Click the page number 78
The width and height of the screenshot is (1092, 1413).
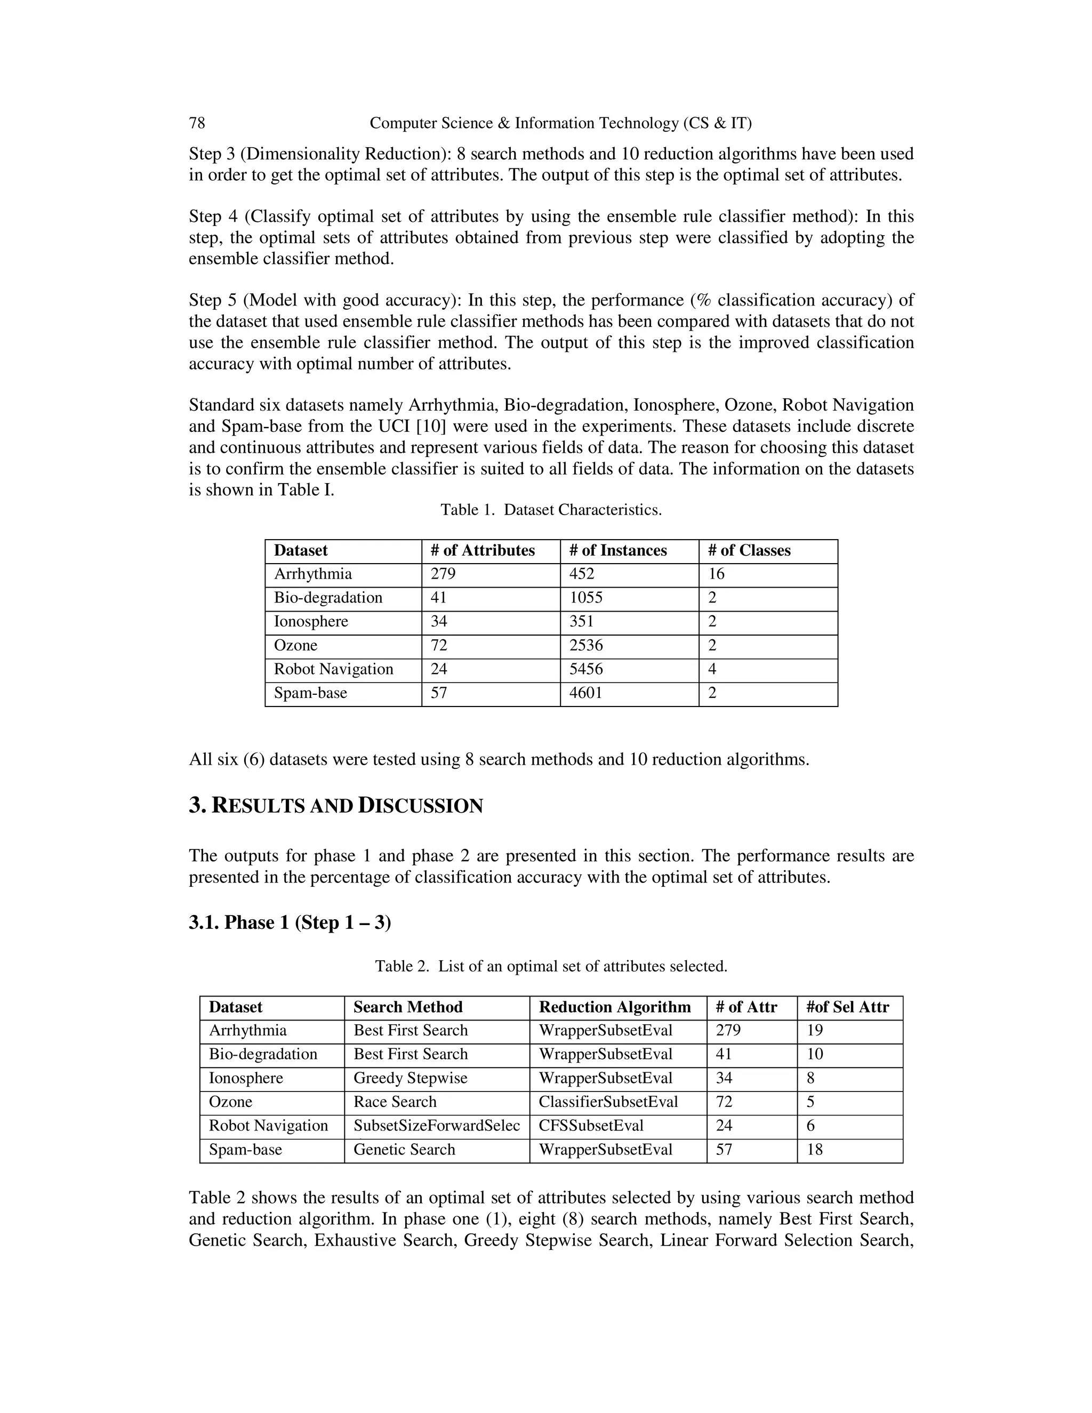pyautogui.click(x=197, y=123)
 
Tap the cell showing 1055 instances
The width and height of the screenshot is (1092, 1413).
pyautogui.click(x=585, y=598)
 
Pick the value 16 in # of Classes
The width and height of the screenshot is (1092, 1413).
pyautogui.click(x=716, y=574)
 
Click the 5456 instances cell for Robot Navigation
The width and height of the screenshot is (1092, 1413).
pyautogui.click(x=585, y=669)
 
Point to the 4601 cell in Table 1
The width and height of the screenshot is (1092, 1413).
pyautogui.click(x=585, y=693)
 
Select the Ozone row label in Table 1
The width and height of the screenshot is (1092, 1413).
pyautogui.click(x=295, y=645)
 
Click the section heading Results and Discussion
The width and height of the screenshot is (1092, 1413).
pyautogui.click(x=336, y=806)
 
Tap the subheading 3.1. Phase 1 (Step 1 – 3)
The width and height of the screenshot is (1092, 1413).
pyautogui.click(x=290, y=922)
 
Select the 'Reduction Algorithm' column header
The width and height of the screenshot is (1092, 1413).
pyautogui.click(x=615, y=1007)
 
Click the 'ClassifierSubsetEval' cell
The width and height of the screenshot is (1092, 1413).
pyautogui.click(x=608, y=1102)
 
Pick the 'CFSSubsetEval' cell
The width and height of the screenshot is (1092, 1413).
pyautogui.click(x=591, y=1126)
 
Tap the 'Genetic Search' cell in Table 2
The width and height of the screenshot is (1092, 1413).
pyautogui.click(x=404, y=1150)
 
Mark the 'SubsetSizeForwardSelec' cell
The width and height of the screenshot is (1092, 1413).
pyautogui.click(x=437, y=1126)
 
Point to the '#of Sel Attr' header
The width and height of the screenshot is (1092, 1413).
pyautogui.click(x=847, y=1007)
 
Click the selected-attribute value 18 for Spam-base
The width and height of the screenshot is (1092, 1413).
pyautogui.click(x=815, y=1150)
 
